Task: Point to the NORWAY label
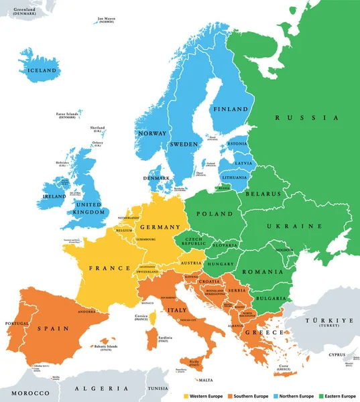coord(152,133)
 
